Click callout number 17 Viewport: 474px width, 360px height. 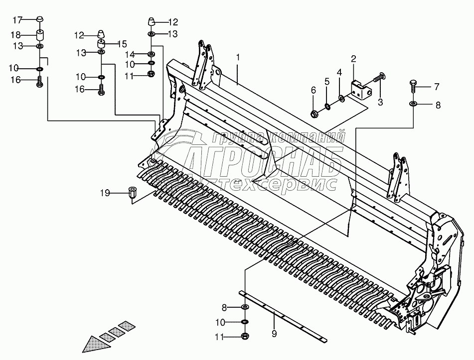17,20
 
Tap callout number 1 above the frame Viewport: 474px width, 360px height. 238,58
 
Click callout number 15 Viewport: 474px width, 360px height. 123,43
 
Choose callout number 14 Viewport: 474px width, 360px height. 130,54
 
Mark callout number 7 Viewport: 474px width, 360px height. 436,87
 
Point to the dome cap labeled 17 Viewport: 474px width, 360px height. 40,20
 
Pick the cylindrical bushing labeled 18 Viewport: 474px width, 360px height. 40,36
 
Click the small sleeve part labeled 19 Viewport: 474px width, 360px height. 133,192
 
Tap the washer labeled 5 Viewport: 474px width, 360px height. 327,106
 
